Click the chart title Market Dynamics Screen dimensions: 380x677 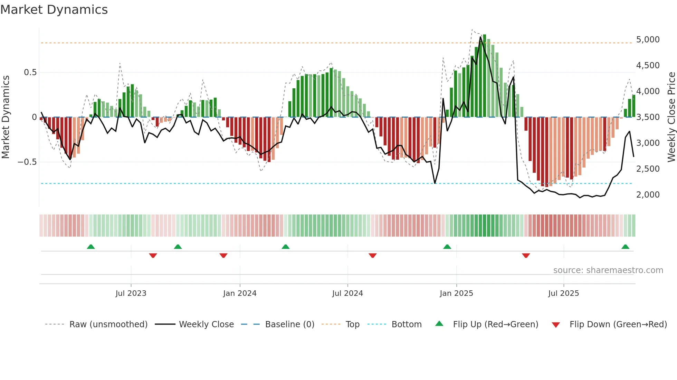tap(54, 10)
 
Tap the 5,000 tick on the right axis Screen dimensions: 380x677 tap(648, 40)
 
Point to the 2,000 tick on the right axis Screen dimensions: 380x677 tap(648, 195)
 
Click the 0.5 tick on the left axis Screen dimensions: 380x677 tap(30, 72)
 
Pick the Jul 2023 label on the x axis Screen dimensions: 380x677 tap(131, 293)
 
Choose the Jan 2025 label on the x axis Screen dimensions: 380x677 tap(456, 293)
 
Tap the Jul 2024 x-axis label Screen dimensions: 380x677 tap(347, 293)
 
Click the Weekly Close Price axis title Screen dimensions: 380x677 tap(671, 117)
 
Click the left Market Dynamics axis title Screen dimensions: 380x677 tap(6, 117)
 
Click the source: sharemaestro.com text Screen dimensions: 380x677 tap(608, 270)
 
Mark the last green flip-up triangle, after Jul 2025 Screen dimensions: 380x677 tap(625, 247)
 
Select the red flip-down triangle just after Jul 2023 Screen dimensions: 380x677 tap(153, 256)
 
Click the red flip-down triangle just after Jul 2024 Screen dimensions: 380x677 tap(372, 256)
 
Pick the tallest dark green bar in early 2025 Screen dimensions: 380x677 tap(485, 76)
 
